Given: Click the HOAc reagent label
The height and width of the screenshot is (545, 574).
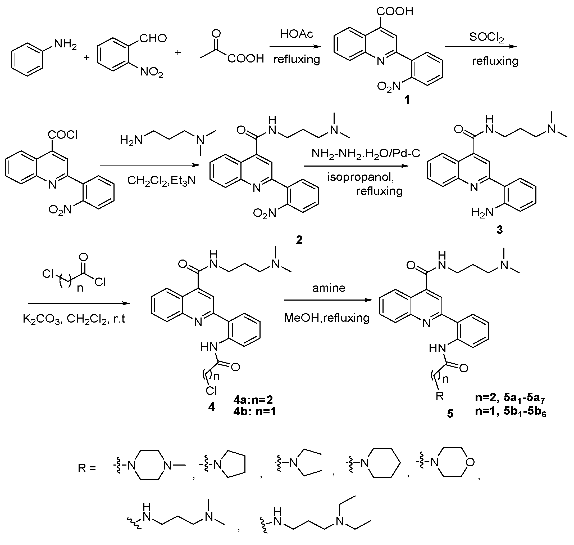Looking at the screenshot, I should [x=297, y=34].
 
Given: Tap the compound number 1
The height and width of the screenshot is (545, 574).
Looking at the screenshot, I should [x=407, y=100].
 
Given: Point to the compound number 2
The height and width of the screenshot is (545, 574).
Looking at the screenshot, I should [x=299, y=240].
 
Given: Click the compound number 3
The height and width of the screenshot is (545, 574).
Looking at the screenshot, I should [x=499, y=230].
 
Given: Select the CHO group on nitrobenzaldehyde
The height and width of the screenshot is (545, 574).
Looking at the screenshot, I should [x=153, y=38].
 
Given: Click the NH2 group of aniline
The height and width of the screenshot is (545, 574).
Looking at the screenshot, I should [x=65, y=44].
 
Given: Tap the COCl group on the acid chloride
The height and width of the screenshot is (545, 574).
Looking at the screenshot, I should [x=63, y=135].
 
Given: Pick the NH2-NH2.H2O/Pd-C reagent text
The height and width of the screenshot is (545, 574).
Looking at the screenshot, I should [x=366, y=153].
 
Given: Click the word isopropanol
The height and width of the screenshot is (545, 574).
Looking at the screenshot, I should [x=361, y=177].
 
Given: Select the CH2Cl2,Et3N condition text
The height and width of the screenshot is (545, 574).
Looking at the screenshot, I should [x=161, y=181].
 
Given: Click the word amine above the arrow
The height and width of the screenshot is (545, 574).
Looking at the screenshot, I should [x=329, y=288].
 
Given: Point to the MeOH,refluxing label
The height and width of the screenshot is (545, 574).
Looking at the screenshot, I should [x=327, y=318].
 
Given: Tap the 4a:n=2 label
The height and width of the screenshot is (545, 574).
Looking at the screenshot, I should [x=253, y=400].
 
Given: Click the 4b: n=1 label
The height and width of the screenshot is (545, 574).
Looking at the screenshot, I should [x=254, y=411].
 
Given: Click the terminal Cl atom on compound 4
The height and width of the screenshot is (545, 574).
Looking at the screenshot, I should [x=211, y=391].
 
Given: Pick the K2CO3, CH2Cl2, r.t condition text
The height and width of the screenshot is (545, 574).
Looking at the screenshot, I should [x=74, y=319].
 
